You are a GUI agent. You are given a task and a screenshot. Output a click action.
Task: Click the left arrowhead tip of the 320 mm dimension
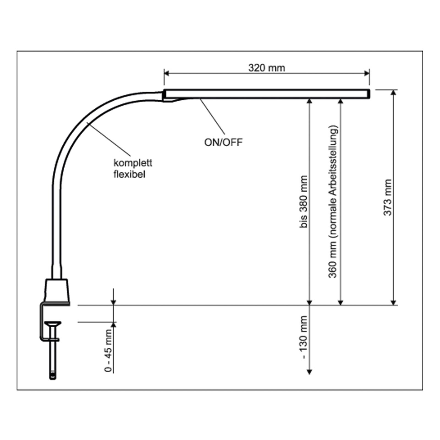click(x=164, y=73)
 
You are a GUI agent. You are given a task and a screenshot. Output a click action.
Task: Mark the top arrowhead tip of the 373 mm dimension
click(x=394, y=90)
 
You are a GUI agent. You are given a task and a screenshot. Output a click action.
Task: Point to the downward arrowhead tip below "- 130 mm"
click(x=310, y=374)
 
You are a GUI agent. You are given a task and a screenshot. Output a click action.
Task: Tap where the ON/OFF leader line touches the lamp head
click(x=200, y=98)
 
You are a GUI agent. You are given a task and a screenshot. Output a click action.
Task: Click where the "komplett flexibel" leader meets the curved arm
click(x=87, y=123)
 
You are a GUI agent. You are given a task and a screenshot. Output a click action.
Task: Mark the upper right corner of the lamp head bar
click(x=370, y=90)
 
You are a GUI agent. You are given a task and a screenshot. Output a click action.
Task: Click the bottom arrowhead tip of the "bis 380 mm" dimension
click(x=310, y=305)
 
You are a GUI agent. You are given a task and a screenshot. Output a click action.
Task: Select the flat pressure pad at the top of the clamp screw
click(x=53, y=323)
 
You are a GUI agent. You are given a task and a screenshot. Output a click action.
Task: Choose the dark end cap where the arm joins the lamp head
click(x=164, y=94)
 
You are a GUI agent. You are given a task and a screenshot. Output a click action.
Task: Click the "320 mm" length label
click(x=266, y=68)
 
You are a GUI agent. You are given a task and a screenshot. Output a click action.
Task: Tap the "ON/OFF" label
click(x=223, y=142)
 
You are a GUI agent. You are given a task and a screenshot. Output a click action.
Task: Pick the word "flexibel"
click(x=129, y=174)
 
